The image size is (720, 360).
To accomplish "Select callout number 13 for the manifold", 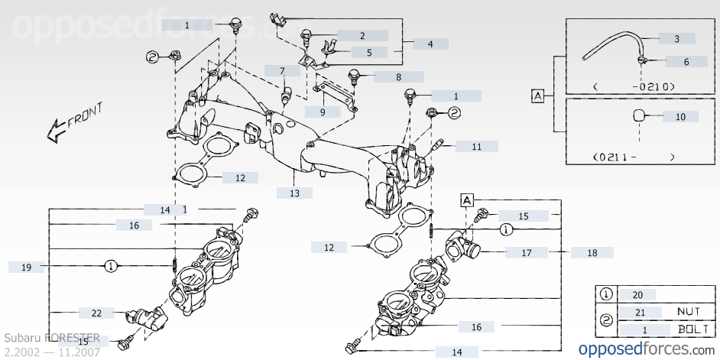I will [x=295, y=193].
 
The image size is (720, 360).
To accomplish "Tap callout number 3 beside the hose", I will [x=676, y=38].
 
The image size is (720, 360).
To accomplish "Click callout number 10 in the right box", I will [x=680, y=117].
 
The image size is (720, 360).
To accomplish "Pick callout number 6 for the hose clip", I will [x=686, y=61].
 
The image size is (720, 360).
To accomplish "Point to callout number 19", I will [x=26, y=267].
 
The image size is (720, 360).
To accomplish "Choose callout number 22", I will [x=96, y=313].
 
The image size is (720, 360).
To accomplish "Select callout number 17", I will [x=526, y=252].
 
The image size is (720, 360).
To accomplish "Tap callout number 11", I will [x=476, y=146].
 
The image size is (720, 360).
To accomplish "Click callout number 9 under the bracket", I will [x=323, y=112].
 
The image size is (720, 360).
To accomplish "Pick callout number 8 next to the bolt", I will [x=398, y=76].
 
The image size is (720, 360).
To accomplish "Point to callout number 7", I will [x=282, y=71].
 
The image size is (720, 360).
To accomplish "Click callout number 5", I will [x=369, y=53].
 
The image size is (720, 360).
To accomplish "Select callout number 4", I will [x=430, y=44].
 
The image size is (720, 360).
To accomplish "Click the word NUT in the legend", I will [x=688, y=312].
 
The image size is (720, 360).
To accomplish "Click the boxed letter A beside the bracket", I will [x=537, y=96].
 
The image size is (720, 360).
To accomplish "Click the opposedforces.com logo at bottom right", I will [x=644, y=348].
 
